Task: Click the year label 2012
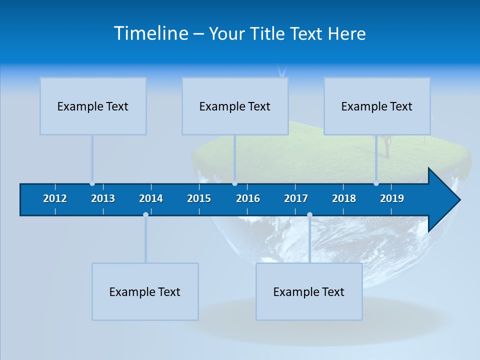tap(55, 198)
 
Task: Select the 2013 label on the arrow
tap(103, 198)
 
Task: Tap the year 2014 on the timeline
tap(151, 198)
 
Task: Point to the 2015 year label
tap(199, 198)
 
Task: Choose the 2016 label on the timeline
tap(248, 198)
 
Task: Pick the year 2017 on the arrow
tap(296, 198)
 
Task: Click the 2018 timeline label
tap(344, 198)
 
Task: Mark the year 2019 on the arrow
tap(392, 198)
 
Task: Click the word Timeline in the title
tap(150, 33)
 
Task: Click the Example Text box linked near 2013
tap(93, 106)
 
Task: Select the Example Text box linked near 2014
tap(145, 291)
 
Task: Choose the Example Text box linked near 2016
tap(235, 106)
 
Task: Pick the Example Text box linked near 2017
tap(309, 291)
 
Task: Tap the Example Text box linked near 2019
tap(377, 106)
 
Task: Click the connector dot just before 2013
tap(92, 183)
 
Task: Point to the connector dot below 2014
tap(145, 214)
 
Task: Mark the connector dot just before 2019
tap(376, 183)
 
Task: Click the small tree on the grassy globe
tap(386, 145)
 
